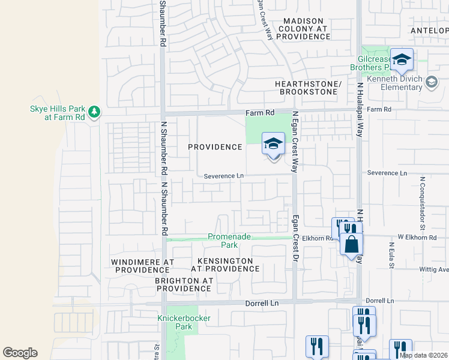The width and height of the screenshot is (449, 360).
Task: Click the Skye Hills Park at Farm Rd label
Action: (58, 113)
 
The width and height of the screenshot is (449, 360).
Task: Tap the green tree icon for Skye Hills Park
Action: (94, 112)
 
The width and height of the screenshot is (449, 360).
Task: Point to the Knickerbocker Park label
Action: (175, 322)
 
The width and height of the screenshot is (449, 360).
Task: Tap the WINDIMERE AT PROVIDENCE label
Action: (142, 266)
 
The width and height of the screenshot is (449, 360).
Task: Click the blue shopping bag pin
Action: (352, 245)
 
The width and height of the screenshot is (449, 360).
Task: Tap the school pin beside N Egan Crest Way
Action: (273, 145)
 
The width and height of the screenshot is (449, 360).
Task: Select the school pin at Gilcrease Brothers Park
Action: (402, 60)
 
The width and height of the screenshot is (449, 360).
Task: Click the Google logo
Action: (20, 353)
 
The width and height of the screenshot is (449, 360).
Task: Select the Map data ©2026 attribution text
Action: (423, 355)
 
